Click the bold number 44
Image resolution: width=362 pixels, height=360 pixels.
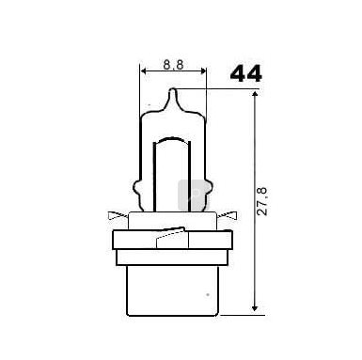[x=245, y=73]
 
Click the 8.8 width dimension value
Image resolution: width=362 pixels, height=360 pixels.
[x=173, y=65]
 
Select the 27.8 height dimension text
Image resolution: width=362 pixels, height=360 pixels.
[x=261, y=201]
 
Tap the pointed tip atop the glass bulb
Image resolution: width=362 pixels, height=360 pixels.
[x=173, y=90]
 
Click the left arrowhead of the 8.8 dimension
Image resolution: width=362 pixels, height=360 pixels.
[x=144, y=70]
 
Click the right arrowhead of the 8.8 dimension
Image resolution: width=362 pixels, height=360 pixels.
[x=203, y=70]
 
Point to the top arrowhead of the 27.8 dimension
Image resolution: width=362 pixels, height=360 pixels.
[x=255, y=95]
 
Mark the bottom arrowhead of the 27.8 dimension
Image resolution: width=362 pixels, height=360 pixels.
[x=255, y=307]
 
